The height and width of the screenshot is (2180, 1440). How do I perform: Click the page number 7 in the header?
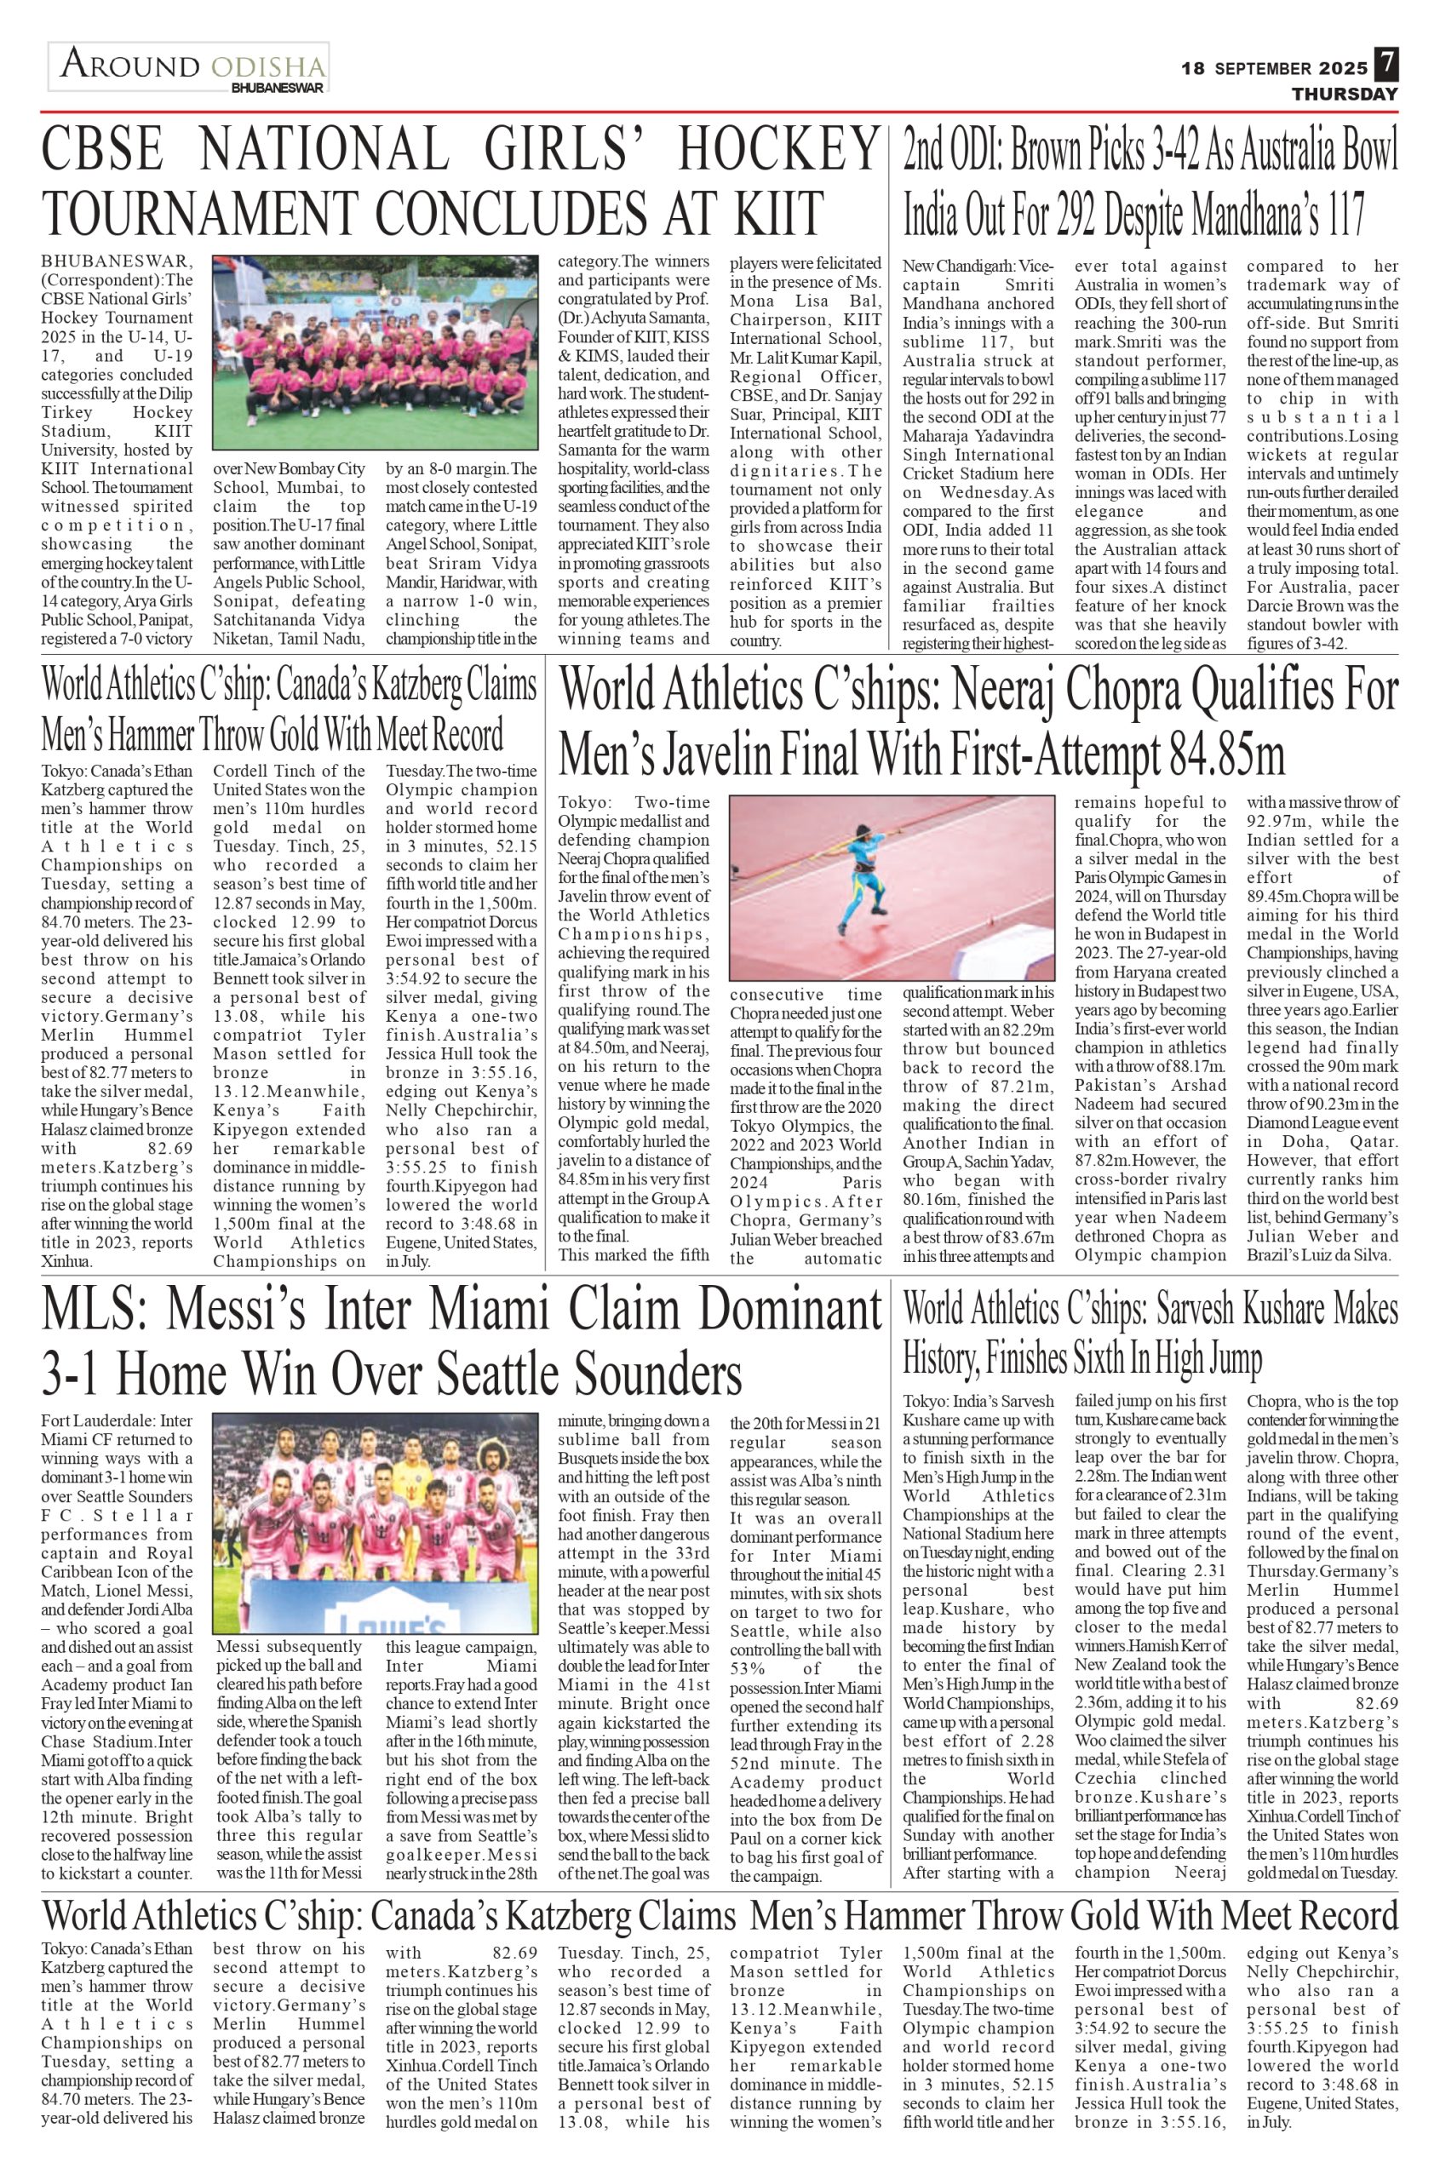point(1385,66)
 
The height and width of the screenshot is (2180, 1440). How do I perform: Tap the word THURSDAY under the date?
point(1345,94)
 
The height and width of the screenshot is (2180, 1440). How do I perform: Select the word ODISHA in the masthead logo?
point(267,67)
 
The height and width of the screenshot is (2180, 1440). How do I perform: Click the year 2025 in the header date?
point(1344,68)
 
